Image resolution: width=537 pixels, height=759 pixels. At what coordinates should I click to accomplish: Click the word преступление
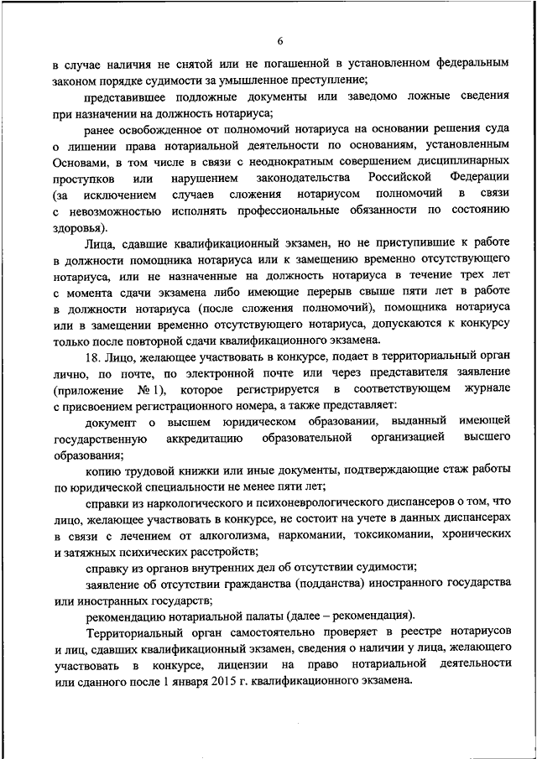(328, 81)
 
